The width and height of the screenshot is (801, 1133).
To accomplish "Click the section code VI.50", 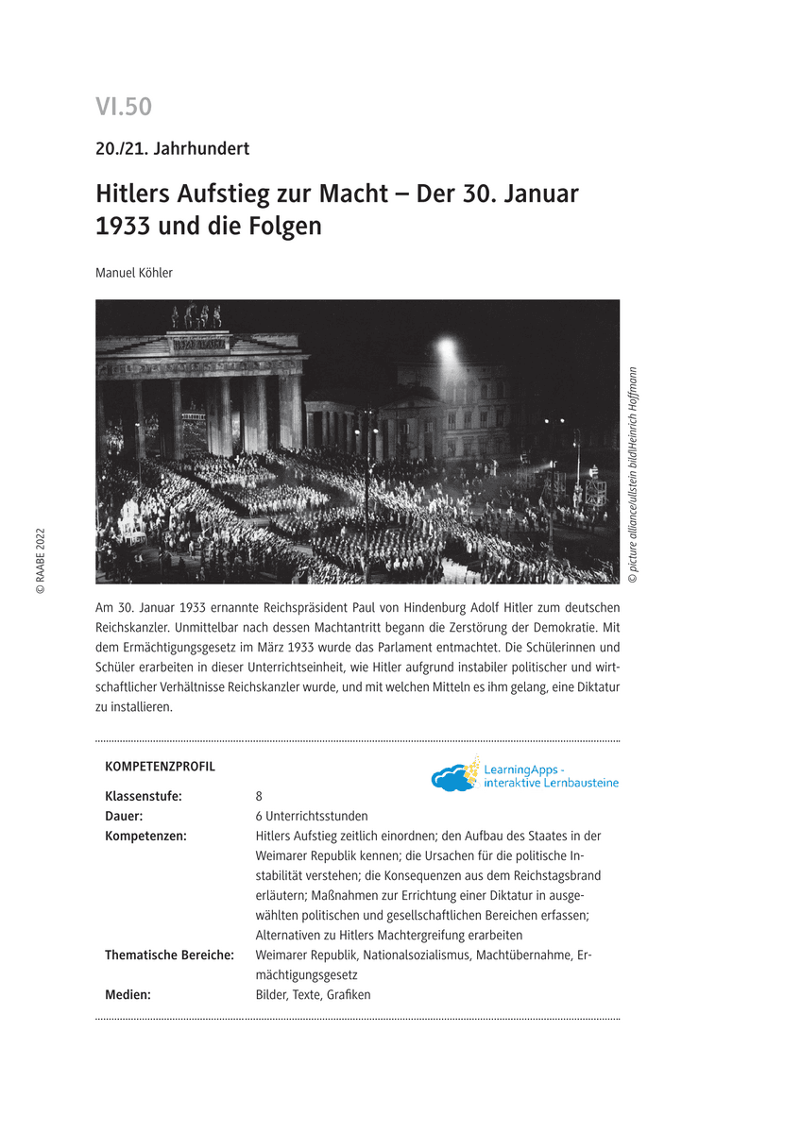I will pyautogui.click(x=124, y=108).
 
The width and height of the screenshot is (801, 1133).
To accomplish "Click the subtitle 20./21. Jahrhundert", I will pyautogui.click(x=172, y=148).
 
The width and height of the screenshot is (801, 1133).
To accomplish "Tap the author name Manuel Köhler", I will pyautogui.click(x=134, y=273).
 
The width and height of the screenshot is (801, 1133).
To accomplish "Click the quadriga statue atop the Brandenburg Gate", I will pyautogui.click(x=196, y=316).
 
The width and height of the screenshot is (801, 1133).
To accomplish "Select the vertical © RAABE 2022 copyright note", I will pyautogui.click(x=40, y=561).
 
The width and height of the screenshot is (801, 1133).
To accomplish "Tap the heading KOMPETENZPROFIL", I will pyautogui.click(x=160, y=767).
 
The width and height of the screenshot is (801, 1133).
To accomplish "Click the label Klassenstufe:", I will pyautogui.click(x=144, y=796).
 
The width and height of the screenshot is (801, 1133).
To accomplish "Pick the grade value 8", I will pyautogui.click(x=259, y=796).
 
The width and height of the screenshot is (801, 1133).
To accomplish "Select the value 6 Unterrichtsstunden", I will pyautogui.click(x=312, y=816).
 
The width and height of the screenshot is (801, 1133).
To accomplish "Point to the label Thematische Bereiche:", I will pyautogui.click(x=169, y=955).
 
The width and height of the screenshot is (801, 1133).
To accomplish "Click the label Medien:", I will pyautogui.click(x=128, y=994).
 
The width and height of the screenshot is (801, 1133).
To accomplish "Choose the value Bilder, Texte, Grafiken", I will pyautogui.click(x=313, y=994).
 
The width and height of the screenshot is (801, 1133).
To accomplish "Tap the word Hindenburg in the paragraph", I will pyautogui.click(x=418, y=607).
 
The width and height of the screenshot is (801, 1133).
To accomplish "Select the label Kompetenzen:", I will pyautogui.click(x=145, y=836).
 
